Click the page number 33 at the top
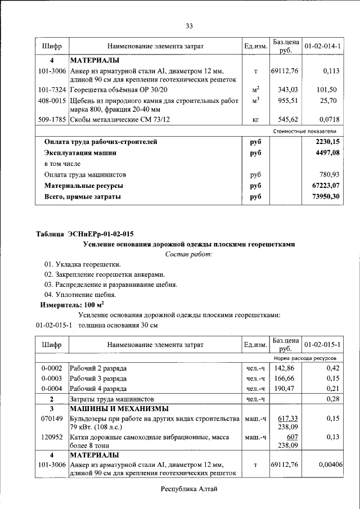(189, 26)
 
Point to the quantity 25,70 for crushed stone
(327, 100)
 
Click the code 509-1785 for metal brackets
(52, 120)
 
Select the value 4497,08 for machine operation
(327, 152)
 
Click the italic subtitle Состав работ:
(188, 255)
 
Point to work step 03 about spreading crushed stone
(111, 285)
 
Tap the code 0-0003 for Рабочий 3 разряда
(52, 378)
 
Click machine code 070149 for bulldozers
(52, 419)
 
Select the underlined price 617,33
(287, 418)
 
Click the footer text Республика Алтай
(188, 489)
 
